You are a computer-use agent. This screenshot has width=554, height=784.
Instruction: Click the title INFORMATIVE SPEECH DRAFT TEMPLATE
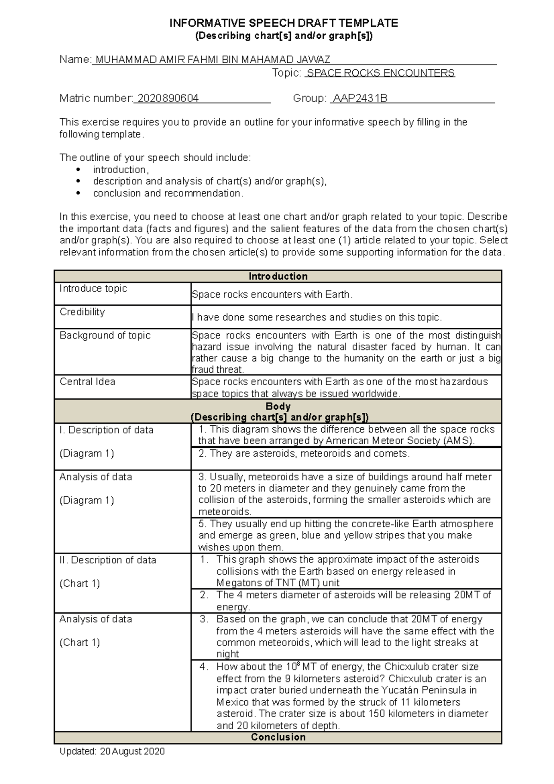(x=283, y=23)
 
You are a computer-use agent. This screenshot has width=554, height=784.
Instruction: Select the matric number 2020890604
(x=168, y=98)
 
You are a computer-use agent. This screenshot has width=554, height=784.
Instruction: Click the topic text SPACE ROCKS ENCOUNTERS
(x=380, y=73)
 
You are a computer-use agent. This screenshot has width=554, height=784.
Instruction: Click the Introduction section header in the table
(x=278, y=276)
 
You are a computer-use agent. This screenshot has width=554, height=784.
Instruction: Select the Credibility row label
(x=82, y=312)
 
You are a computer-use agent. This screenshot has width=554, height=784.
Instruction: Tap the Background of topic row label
(x=105, y=335)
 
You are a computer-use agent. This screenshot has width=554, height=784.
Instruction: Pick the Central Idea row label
(x=87, y=382)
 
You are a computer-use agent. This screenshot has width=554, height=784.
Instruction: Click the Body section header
(x=278, y=406)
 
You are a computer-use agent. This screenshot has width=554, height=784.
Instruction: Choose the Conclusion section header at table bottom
(x=278, y=737)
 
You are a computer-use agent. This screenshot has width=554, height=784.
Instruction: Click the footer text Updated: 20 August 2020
(x=112, y=751)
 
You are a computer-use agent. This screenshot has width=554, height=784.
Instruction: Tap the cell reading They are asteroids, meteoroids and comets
(x=304, y=453)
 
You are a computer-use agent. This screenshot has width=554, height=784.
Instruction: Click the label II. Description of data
(x=108, y=560)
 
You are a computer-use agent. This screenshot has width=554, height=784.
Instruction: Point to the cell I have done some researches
(x=317, y=317)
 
